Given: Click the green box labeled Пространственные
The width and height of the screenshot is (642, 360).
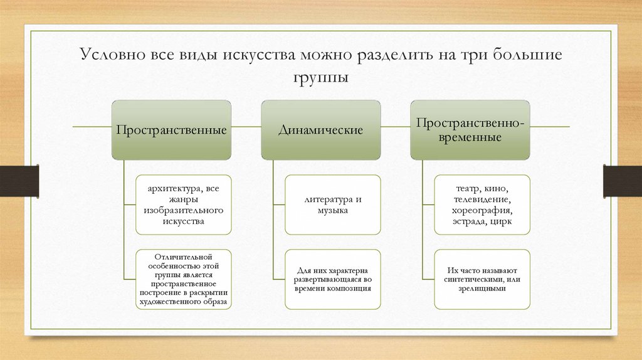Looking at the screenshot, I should [x=171, y=129].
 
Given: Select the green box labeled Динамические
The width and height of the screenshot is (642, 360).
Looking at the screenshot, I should [x=320, y=129].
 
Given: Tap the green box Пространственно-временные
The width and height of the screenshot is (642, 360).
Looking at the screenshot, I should [x=470, y=129].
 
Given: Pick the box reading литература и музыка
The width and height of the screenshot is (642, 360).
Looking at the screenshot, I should [x=332, y=204].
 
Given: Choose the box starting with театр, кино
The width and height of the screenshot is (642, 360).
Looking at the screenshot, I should [x=481, y=204].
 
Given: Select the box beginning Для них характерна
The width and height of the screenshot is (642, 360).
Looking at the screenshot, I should [x=332, y=279].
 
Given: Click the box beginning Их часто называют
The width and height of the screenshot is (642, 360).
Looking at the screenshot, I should [x=481, y=279].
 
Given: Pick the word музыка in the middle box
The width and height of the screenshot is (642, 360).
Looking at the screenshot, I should [x=332, y=211].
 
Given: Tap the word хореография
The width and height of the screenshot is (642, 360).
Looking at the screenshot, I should [x=481, y=211].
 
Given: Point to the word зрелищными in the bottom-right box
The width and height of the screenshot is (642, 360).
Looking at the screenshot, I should [x=481, y=289].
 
